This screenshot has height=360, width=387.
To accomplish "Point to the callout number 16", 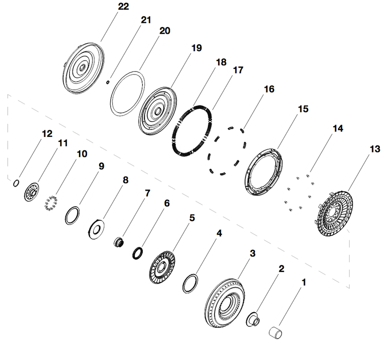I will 269,90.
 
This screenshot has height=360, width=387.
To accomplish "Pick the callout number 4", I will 219,233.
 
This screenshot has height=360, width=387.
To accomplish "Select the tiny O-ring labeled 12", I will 16,183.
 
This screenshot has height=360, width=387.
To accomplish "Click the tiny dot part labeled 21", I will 109,82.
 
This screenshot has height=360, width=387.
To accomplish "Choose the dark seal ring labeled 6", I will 138,252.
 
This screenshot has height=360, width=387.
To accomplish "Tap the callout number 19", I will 196,48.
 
